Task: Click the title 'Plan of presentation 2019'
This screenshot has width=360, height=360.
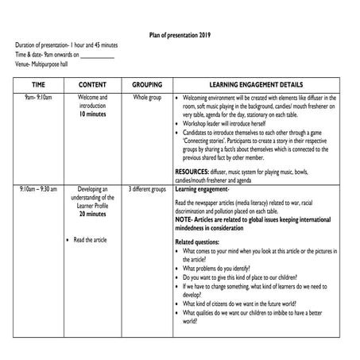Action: [180, 35]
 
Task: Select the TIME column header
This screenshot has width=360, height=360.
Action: [38, 83]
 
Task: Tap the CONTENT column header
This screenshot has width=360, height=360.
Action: [93, 83]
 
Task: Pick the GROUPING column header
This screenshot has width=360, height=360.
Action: [147, 83]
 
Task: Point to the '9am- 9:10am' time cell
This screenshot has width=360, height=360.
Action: [38, 97]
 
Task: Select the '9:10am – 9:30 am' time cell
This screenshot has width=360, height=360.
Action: [38, 190]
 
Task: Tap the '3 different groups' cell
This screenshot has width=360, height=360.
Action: [147, 190]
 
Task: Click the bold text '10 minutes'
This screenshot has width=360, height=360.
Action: [93, 114]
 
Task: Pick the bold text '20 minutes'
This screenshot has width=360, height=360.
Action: [93, 215]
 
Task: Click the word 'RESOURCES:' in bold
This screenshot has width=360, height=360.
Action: [194, 172]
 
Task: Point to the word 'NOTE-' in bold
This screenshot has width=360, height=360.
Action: [184, 218]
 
